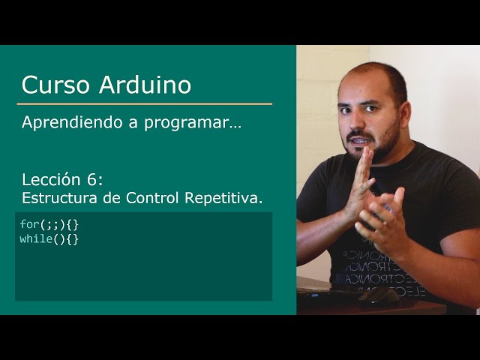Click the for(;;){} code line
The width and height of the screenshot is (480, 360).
pyautogui.click(x=49, y=224)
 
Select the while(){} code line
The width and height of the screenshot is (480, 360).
pyautogui.click(x=49, y=238)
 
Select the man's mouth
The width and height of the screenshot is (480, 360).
pyautogui.click(x=361, y=140)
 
